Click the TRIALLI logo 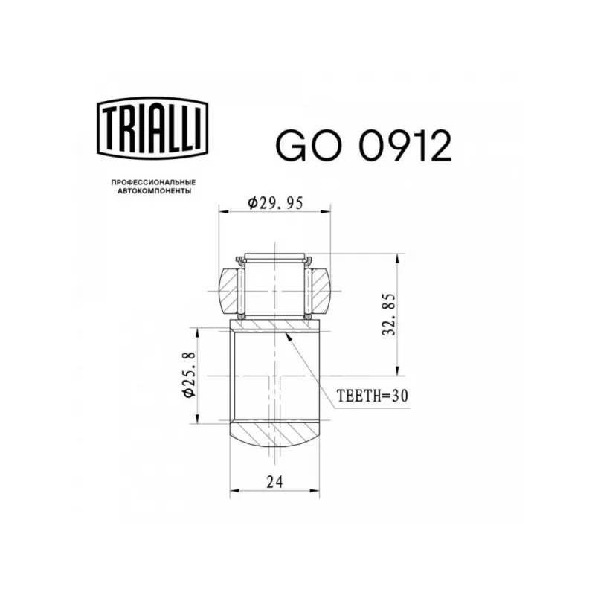click(x=152, y=128)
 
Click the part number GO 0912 click(x=364, y=146)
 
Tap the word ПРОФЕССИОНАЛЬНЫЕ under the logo click(x=153, y=182)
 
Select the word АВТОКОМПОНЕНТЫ click(x=154, y=191)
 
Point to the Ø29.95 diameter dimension click(x=275, y=203)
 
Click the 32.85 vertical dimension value click(x=389, y=314)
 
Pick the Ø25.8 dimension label click(x=189, y=375)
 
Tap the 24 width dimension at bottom click(x=274, y=482)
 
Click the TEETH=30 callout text click(x=373, y=396)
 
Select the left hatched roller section click(x=229, y=291)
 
